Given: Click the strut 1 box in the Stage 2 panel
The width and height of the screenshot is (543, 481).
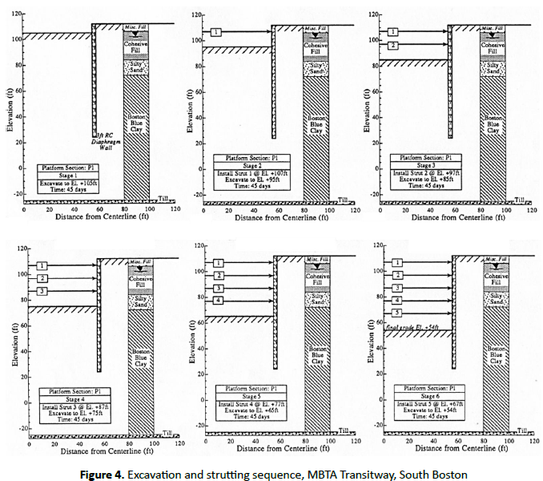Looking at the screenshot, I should (216, 32).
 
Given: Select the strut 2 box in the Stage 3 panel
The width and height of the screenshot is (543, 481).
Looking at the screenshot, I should (392, 46).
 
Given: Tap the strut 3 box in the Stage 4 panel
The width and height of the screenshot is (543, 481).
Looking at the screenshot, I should (40, 291).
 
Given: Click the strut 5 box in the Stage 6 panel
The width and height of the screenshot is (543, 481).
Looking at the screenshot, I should (396, 313).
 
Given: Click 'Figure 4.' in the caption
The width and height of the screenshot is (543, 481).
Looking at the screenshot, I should (102, 475).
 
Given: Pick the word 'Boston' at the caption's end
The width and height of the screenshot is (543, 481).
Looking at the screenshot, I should (448, 475).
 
